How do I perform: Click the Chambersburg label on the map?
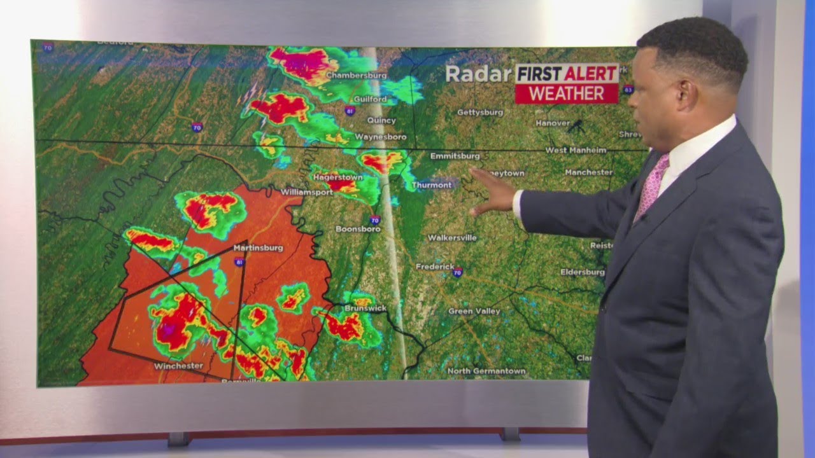point(356,75)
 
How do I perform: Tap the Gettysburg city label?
point(480,113)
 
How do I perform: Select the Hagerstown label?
point(337,177)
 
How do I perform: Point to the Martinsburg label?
point(258,247)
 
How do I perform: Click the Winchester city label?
point(178,366)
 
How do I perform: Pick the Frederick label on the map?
point(435,267)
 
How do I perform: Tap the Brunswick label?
point(365,308)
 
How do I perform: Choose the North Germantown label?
point(486,371)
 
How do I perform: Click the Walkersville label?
point(451,238)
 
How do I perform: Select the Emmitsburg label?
point(455,156)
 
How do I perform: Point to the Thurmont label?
point(432,185)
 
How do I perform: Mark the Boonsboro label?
point(358,229)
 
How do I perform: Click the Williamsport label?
point(307,191)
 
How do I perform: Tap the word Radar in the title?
point(478,74)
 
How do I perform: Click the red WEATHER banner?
point(567,94)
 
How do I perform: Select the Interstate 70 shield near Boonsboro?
point(375,220)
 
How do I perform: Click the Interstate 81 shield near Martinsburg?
point(239,261)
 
